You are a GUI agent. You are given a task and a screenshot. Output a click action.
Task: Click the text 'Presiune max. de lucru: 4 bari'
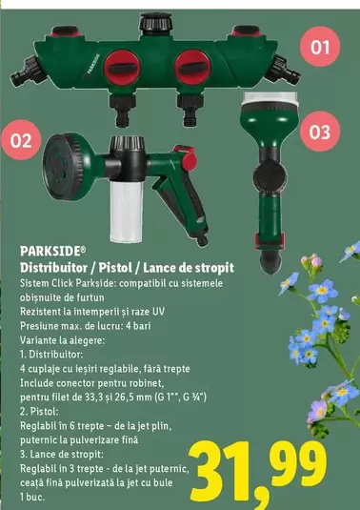[90, 326]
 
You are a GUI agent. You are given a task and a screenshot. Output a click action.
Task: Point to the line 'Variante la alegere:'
[63, 339]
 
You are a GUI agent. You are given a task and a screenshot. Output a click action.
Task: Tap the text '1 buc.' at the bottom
[34, 498]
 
